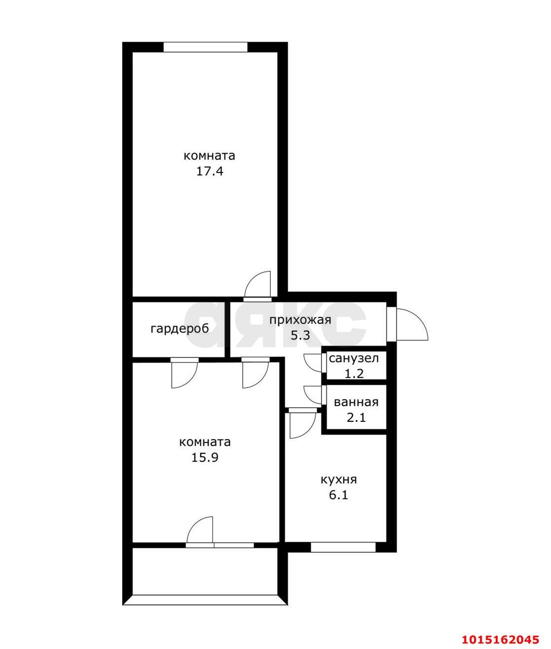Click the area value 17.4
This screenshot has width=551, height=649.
point(209,171)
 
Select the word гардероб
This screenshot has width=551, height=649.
point(179,329)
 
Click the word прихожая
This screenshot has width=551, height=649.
point(300,320)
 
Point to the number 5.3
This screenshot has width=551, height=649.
point(301,336)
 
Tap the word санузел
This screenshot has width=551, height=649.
point(354,358)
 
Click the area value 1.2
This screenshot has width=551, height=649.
point(354,374)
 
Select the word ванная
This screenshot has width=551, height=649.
point(356,402)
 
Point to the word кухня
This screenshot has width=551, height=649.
point(339,480)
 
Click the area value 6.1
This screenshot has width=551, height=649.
point(339,495)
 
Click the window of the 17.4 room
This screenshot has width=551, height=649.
point(205,47)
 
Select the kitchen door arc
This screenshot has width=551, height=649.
point(308,431)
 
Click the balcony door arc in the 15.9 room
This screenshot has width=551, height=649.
point(194,524)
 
